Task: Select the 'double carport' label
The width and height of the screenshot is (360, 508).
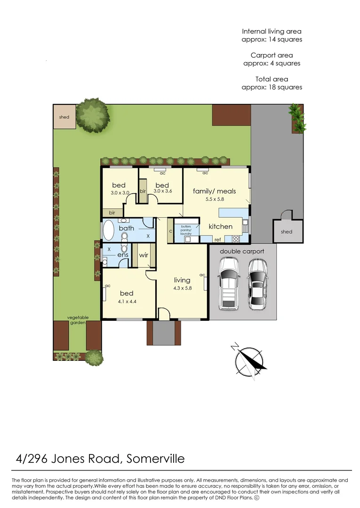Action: click(x=242, y=251)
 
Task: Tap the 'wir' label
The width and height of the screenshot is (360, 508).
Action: click(x=144, y=255)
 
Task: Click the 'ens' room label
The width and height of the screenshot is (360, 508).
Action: click(x=123, y=254)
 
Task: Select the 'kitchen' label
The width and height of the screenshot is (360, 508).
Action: click(x=221, y=226)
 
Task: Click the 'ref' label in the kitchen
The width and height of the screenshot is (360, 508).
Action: click(x=217, y=240)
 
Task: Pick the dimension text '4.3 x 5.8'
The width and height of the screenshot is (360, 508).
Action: click(x=182, y=288)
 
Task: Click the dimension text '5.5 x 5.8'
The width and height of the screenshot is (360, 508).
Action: click(x=214, y=199)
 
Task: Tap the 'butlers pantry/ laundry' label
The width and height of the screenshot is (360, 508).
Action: click(x=186, y=229)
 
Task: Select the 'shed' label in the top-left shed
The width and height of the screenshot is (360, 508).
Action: click(x=64, y=117)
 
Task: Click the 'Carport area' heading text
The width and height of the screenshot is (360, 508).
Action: click(x=272, y=56)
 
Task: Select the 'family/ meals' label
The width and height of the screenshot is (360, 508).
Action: click(x=214, y=191)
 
